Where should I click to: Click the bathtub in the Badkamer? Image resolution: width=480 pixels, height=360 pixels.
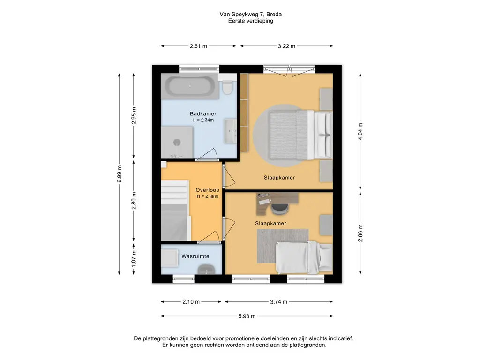click(190, 86)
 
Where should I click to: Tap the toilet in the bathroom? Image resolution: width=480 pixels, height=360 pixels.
click(227, 87)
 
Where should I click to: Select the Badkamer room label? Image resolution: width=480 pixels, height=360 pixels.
click(203, 114)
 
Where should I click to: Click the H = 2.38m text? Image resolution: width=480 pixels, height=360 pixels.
click(207, 196)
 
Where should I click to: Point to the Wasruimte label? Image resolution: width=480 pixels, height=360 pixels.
click(195, 256)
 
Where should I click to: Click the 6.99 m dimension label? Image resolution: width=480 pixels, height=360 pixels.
click(120, 174)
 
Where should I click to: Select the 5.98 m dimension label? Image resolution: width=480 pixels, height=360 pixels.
click(247, 316)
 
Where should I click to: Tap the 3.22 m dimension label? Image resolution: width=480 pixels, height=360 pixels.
click(286, 46)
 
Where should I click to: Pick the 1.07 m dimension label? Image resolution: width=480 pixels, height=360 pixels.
click(134, 259)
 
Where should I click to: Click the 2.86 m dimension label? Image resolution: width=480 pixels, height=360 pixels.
click(360, 233)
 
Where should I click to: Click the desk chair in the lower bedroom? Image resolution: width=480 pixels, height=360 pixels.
click(280, 209)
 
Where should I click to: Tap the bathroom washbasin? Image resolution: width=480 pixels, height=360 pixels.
click(230, 131)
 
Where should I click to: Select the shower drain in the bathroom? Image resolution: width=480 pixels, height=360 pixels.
click(177, 142)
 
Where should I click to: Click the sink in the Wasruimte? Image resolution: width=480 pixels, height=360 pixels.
click(207, 270)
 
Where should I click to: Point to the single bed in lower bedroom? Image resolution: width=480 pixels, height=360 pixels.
click(304, 257)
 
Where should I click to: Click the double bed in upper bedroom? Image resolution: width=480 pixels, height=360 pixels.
click(300, 135)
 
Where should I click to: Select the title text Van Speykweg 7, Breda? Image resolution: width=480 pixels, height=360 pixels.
click(250, 14)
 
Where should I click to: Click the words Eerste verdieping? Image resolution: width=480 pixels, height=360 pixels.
click(250, 21)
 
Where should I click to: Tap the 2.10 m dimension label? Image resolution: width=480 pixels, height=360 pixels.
click(191, 302)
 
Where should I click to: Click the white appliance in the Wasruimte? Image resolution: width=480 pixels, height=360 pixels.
click(170, 258)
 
